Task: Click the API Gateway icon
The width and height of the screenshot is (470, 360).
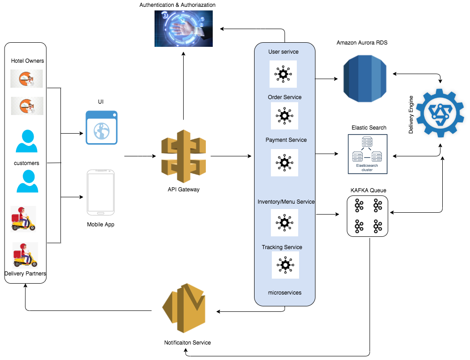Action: pyautogui.click(x=183, y=156)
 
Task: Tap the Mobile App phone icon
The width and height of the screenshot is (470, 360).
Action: pyautogui.click(x=101, y=193)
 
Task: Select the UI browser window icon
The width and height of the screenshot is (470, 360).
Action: pyautogui.click(x=101, y=127)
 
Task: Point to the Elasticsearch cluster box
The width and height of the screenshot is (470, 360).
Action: pyautogui.click(x=367, y=154)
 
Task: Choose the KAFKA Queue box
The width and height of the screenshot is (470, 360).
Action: pyautogui.click(x=367, y=216)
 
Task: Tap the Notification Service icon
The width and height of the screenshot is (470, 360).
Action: pyautogui.click(x=184, y=309)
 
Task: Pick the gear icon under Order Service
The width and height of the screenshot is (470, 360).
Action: pyautogui.click(x=285, y=115)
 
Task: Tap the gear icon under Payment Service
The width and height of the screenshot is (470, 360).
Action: pyautogui.click(x=285, y=162)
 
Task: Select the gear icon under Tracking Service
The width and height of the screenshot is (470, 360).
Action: pyautogui.click(x=285, y=265)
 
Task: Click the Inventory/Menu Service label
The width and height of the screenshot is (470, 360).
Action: pyautogui.click(x=286, y=201)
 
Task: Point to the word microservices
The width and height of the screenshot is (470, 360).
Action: pyautogui.click(x=285, y=293)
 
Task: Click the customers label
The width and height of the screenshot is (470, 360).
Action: pyautogui.click(x=26, y=163)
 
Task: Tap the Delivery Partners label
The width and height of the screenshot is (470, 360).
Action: pyautogui.click(x=25, y=274)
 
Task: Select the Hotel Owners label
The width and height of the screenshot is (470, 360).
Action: pyautogui.click(x=27, y=61)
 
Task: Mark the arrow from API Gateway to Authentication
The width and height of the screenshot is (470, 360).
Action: pyautogui.click(x=183, y=86)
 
